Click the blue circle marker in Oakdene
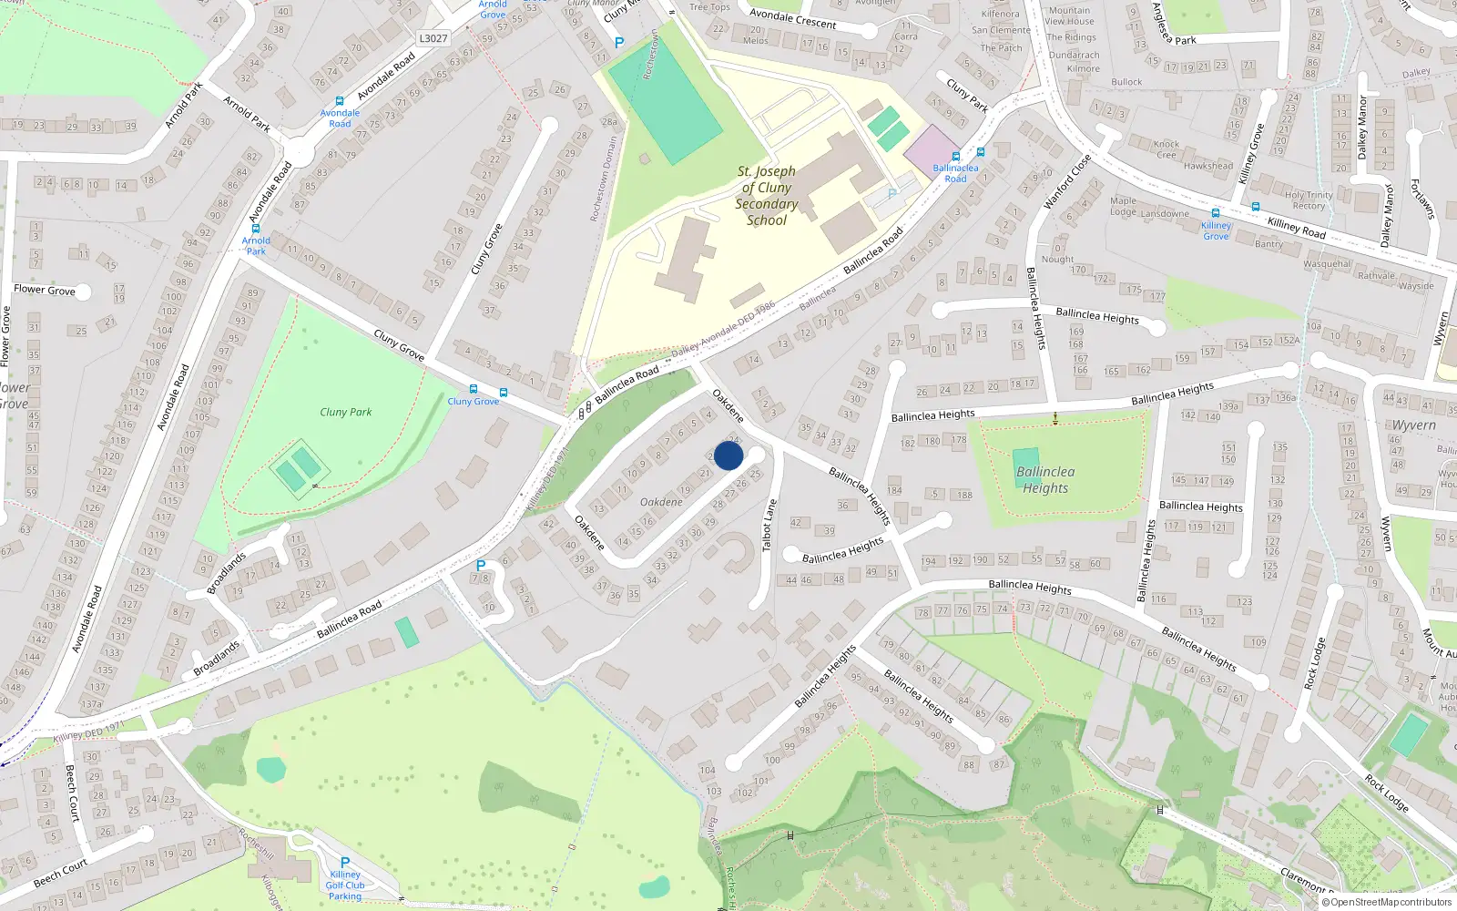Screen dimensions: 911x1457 728,455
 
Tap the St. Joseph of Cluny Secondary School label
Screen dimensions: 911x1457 766,196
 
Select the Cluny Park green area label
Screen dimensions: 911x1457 346,412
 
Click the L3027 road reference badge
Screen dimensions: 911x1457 433,38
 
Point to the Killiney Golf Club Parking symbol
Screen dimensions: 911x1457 345,862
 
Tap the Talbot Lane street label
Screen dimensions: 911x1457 769,525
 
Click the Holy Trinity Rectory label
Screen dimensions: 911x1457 1309,200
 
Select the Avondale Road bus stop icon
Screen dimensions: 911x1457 340,101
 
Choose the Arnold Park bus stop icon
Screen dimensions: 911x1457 256,229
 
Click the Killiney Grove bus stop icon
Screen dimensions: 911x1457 1215,213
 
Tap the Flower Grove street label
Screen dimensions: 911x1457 45,290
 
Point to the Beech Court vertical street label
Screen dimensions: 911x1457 72,793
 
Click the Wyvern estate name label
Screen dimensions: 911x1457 1413,425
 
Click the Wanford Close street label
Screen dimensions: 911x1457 1067,182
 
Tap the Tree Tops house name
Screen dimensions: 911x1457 709,7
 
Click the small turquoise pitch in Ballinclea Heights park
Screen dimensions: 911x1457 1025,461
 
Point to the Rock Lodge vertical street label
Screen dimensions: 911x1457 1316,663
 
